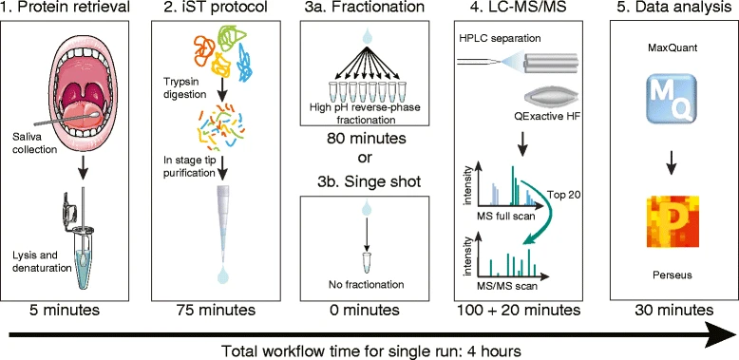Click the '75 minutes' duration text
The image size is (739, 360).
point(214,310)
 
